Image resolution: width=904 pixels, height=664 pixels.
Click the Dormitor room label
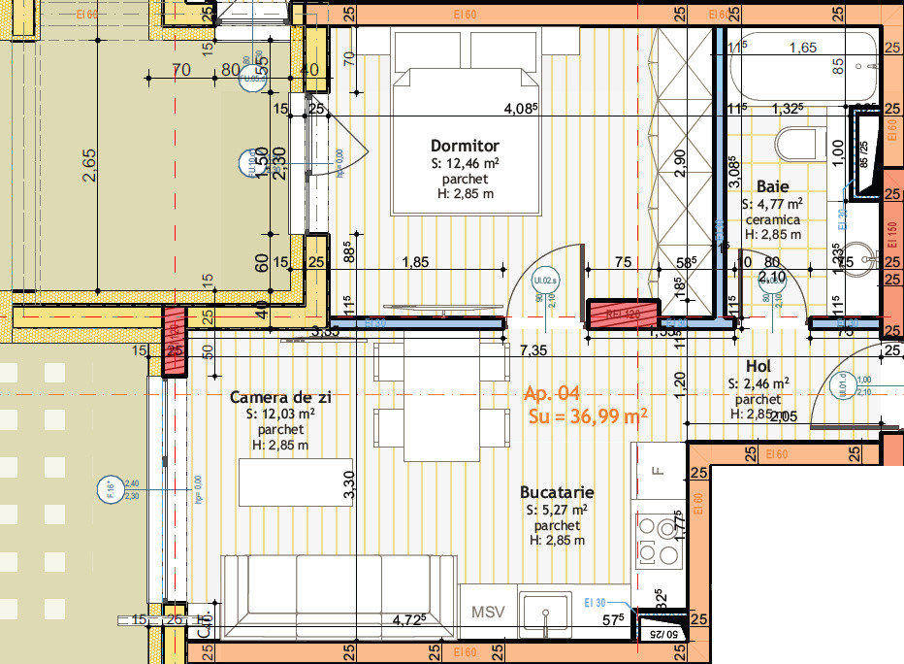click(x=465, y=146)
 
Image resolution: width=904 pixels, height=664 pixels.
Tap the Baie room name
click(x=772, y=185)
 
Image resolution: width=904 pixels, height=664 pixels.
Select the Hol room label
click(x=758, y=366)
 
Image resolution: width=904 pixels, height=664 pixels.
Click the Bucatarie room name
click(x=557, y=492)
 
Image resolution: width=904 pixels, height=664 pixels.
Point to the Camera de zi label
click(x=280, y=397)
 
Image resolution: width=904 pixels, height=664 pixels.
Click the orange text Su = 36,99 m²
click(x=588, y=416)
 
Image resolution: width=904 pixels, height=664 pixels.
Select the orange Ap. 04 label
click(x=551, y=393)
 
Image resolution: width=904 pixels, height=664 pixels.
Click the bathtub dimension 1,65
click(x=802, y=48)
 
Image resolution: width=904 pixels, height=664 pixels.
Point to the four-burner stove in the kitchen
click(x=659, y=541)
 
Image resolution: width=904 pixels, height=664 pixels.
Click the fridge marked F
click(x=659, y=471)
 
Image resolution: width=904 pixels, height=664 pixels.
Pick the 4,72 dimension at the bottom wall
click(x=407, y=617)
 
